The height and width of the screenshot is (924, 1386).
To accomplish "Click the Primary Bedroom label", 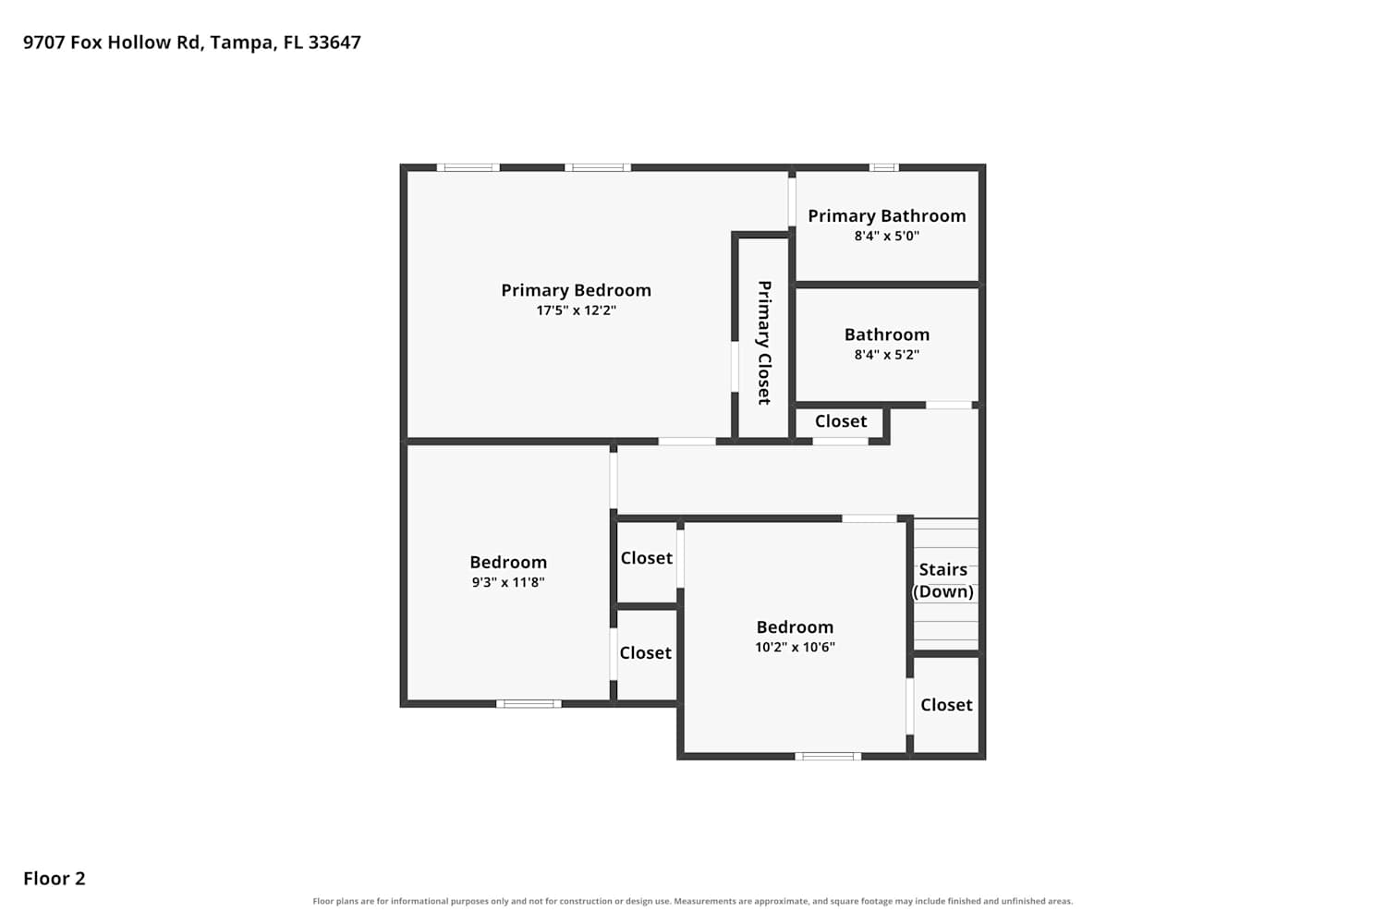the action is [576, 290].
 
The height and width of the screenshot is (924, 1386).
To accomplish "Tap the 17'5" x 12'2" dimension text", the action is [576, 310].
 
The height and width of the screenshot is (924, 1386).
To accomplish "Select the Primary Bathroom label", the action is [887, 216].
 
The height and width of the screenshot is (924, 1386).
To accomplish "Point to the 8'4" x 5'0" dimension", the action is [887, 236].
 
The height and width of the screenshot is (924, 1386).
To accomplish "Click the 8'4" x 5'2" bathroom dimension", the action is [887, 355].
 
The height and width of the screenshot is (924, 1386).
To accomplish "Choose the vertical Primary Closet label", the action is [765, 343].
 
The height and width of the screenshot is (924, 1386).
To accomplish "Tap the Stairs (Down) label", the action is [943, 580].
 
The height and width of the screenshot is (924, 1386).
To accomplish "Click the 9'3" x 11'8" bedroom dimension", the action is [508, 582].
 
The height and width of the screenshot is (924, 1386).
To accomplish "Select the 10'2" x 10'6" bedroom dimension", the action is [795, 648].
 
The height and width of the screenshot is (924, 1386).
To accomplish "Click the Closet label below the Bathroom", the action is [841, 421].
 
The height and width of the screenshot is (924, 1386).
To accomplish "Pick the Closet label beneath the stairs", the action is [947, 705].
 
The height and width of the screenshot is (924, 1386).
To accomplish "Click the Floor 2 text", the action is [55, 879].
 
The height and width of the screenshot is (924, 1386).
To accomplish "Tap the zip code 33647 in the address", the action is [334, 43].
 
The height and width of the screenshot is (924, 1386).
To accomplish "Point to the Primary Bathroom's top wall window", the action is [883, 167].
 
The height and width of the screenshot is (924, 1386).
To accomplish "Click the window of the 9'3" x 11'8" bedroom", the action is [529, 704].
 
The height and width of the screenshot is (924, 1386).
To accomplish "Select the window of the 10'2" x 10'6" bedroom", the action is [828, 756].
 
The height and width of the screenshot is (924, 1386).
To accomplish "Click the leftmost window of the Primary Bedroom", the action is [468, 167].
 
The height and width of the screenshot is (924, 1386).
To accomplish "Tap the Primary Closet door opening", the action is [736, 367].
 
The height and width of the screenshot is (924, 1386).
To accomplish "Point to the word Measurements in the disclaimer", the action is [700, 901].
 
